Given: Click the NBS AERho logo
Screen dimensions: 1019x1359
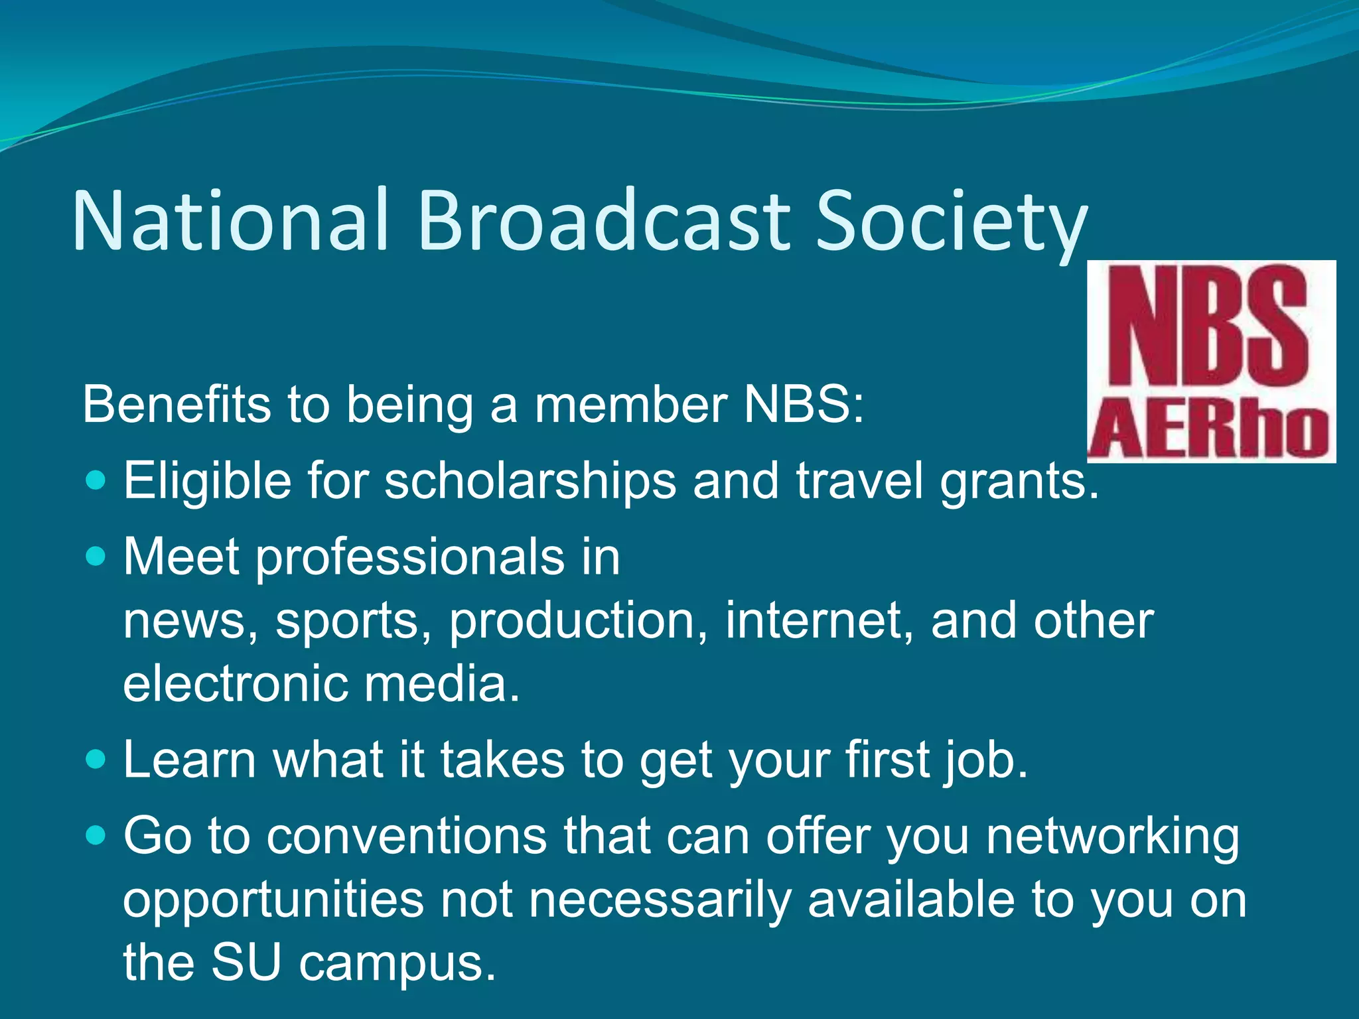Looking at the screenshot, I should pos(1211,362).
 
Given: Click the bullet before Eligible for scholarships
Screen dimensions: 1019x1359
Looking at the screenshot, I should pos(96,479).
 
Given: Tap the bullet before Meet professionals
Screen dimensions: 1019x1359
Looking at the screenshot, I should pos(96,555).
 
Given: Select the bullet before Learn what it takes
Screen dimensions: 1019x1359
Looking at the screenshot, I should pos(96,759).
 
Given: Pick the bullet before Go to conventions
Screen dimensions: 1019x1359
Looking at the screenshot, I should pos(96,835).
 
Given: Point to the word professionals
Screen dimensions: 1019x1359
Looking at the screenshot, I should pos(409,557).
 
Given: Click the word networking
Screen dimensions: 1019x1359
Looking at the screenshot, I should pos(1112,837).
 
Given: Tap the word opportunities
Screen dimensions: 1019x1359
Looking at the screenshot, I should pos(273,901).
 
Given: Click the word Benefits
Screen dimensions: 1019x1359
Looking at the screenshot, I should pos(177,404).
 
